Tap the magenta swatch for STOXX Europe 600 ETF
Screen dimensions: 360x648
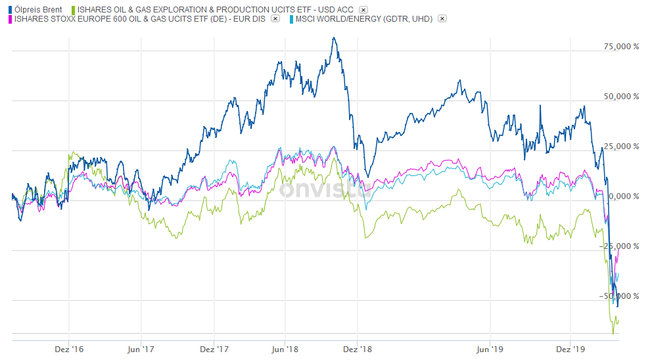[x=9, y=19]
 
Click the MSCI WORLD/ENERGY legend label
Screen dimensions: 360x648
[x=364, y=19]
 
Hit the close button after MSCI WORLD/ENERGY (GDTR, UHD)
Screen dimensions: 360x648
[x=442, y=19]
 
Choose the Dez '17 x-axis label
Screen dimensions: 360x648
[x=214, y=349]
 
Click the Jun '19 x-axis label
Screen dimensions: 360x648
[x=490, y=349]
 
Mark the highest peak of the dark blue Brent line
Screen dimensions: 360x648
[x=335, y=37]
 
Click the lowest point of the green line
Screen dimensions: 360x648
[x=613, y=334]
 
